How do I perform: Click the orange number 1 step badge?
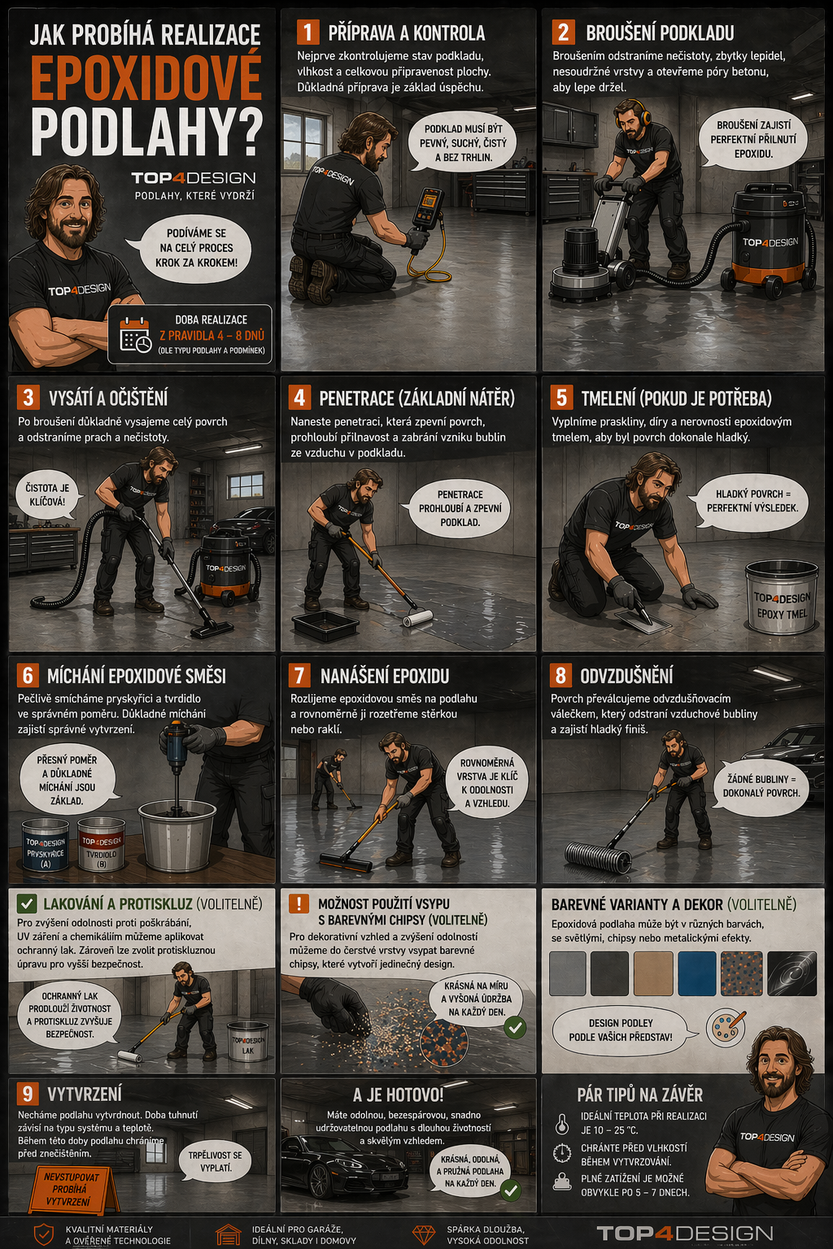[308, 33]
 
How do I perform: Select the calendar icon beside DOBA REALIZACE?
[135, 334]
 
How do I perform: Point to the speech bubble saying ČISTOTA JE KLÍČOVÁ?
[47, 494]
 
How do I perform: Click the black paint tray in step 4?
[325, 625]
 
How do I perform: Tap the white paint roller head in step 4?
[418, 618]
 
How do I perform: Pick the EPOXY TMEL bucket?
[782, 597]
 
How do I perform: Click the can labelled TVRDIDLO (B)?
[101, 843]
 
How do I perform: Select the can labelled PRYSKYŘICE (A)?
[46, 845]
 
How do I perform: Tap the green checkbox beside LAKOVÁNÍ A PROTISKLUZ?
[27, 903]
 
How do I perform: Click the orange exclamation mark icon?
[299, 903]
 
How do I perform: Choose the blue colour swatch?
[697, 973]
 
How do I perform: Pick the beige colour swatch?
[652, 973]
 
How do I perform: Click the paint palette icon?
[725, 1028]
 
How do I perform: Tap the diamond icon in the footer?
[423, 1234]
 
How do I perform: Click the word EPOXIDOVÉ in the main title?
[146, 76]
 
